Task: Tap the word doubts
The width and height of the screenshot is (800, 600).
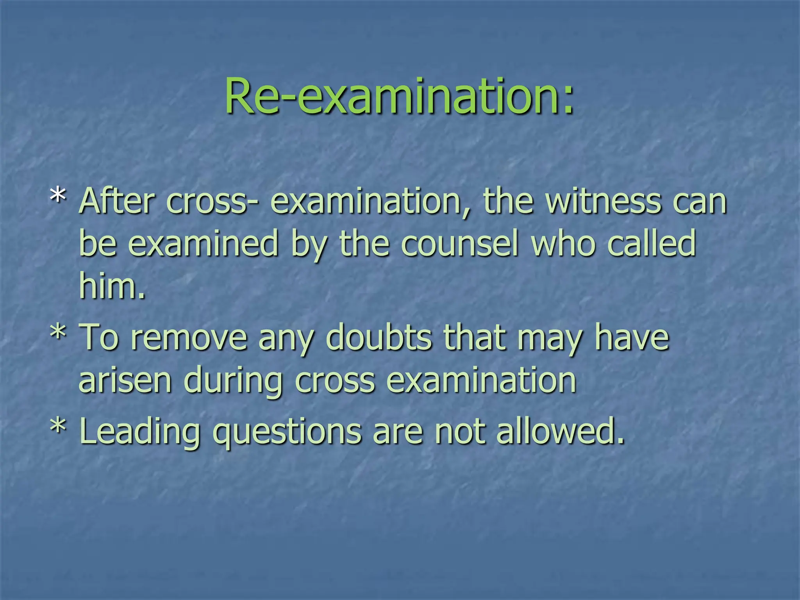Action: pyautogui.click(x=379, y=337)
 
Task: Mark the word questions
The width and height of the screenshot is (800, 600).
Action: pyautogui.click(x=287, y=433)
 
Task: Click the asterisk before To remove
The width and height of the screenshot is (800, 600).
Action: pyautogui.click(x=58, y=333)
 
